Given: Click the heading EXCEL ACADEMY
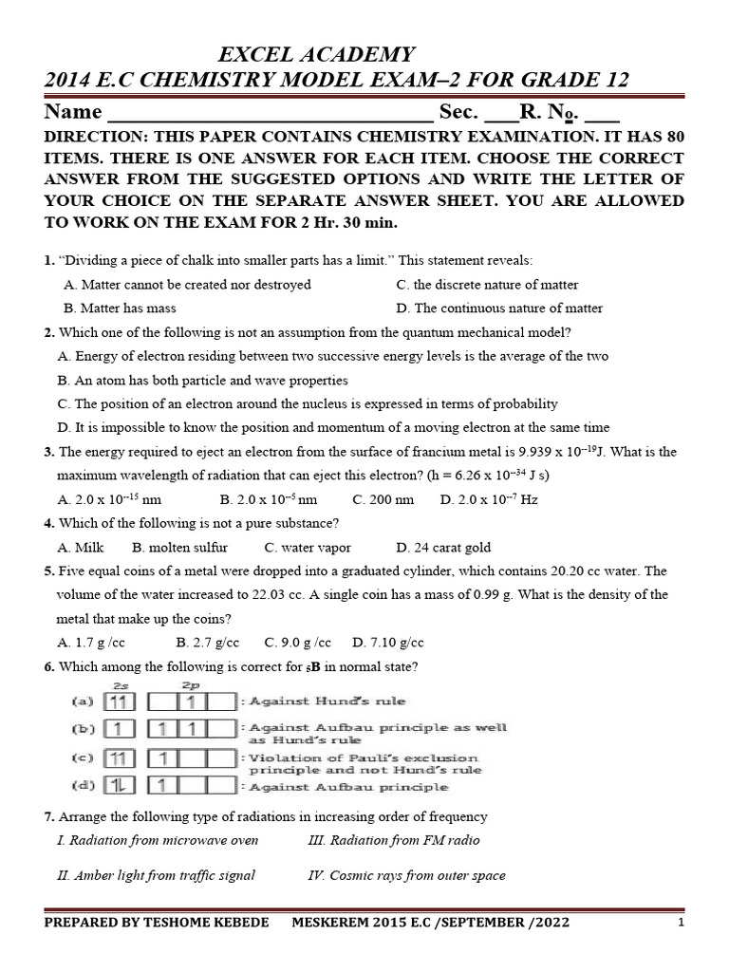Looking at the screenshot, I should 318,54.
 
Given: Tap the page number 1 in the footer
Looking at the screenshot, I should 681,923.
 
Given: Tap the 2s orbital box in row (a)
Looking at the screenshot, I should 120,702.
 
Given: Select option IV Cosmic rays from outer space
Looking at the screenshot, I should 407,876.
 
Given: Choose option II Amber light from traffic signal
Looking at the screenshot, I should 156,876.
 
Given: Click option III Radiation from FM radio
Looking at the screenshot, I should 394,840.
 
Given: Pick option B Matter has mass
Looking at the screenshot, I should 120,308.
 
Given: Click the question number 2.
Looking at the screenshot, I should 48,332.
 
